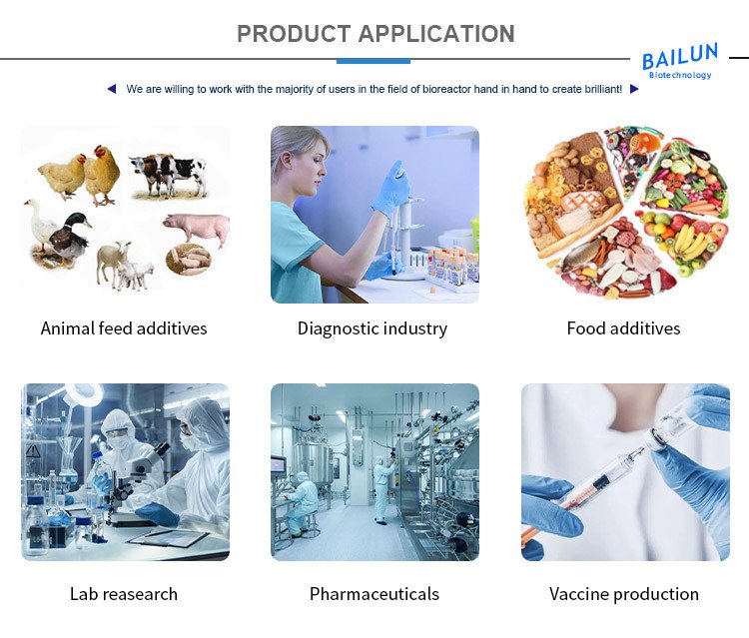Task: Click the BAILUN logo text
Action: [x=679, y=56]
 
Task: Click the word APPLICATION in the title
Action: [x=436, y=34]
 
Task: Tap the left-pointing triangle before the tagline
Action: [x=112, y=89]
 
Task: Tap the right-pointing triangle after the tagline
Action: [x=634, y=89]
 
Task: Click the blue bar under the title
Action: [x=374, y=61]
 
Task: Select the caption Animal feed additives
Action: [x=124, y=328]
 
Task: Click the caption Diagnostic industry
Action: [x=373, y=329]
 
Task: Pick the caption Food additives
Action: [x=623, y=328]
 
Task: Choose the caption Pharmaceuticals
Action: [x=374, y=594]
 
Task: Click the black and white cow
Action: [x=168, y=175]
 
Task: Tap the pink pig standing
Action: [x=198, y=230]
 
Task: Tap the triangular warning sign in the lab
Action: [x=33, y=450]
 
